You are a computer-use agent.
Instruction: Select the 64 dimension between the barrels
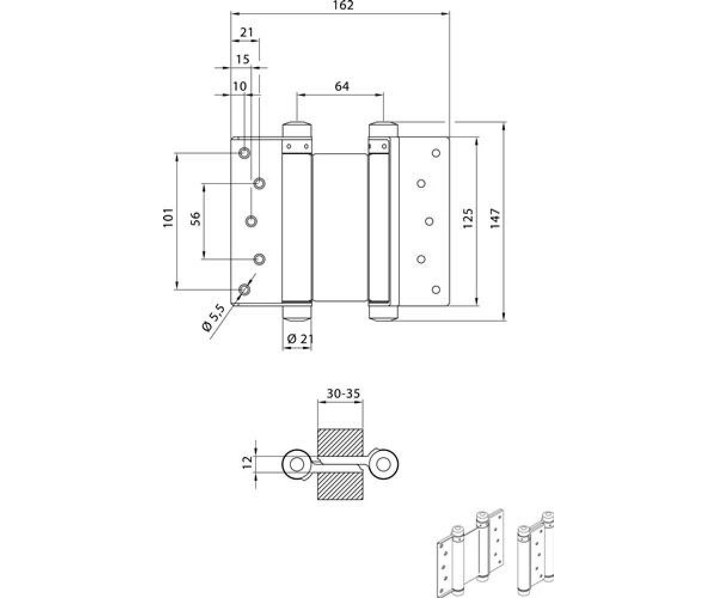pos(341,87)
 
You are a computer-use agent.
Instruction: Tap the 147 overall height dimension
pos(495,219)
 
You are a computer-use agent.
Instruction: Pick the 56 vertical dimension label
pos(195,219)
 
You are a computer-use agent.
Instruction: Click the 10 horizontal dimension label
pos(239,86)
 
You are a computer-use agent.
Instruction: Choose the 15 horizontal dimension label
pos(242,59)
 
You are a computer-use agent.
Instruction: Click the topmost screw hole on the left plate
pos(244,153)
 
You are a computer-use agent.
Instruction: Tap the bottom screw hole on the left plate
pos(244,290)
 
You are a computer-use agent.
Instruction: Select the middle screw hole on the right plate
pos(429,221)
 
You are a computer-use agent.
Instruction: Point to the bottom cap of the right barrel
pos(383,312)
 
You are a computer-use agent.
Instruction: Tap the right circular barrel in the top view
pos(384,464)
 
